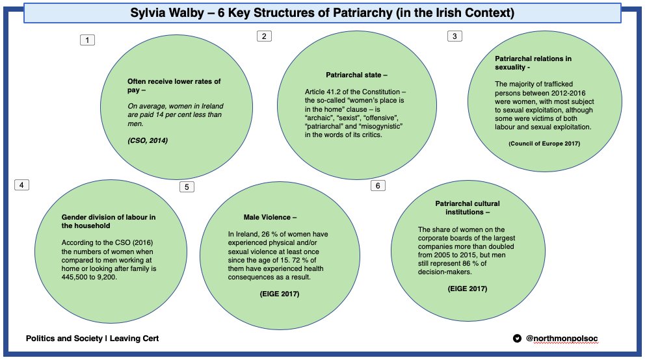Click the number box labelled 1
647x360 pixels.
(87, 40)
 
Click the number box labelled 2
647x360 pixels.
(263, 36)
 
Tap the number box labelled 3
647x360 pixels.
(455, 36)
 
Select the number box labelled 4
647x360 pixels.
(22, 185)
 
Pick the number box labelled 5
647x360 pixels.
(187, 187)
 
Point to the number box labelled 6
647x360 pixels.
(378, 186)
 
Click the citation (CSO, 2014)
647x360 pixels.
(147, 140)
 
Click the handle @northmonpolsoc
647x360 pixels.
(557, 339)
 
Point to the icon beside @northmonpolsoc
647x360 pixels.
(518, 339)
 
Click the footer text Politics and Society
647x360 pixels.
(63, 339)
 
